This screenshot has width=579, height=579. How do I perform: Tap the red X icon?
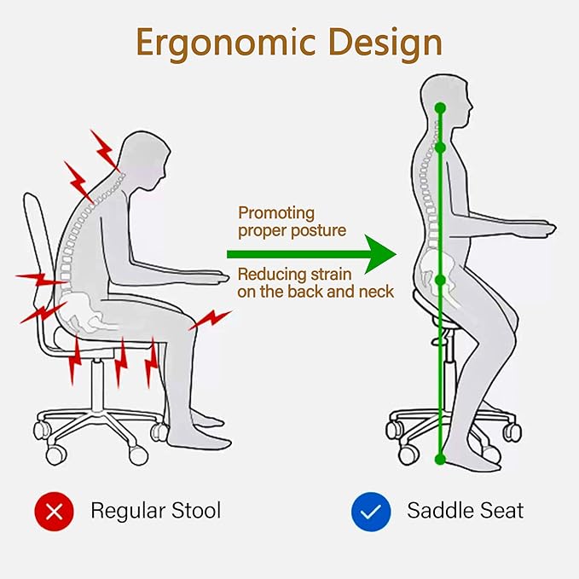click(x=54, y=511)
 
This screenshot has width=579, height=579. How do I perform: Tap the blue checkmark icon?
click(x=371, y=512)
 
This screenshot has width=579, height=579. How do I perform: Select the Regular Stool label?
click(x=156, y=511)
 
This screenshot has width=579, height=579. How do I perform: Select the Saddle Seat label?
click(x=466, y=511)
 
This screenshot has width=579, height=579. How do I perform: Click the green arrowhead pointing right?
click(x=380, y=254)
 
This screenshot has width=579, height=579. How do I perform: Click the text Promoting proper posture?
click(x=292, y=222)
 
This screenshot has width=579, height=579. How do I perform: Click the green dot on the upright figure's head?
click(x=440, y=108)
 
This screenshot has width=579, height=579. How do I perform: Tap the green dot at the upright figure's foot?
click(x=440, y=460)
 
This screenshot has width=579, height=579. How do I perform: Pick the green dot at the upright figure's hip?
click(x=440, y=280)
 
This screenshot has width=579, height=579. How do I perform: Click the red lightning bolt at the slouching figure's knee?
click(x=210, y=320)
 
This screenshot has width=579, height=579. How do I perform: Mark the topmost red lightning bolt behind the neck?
click(x=105, y=150)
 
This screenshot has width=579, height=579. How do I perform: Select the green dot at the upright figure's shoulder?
click(x=440, y=148)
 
